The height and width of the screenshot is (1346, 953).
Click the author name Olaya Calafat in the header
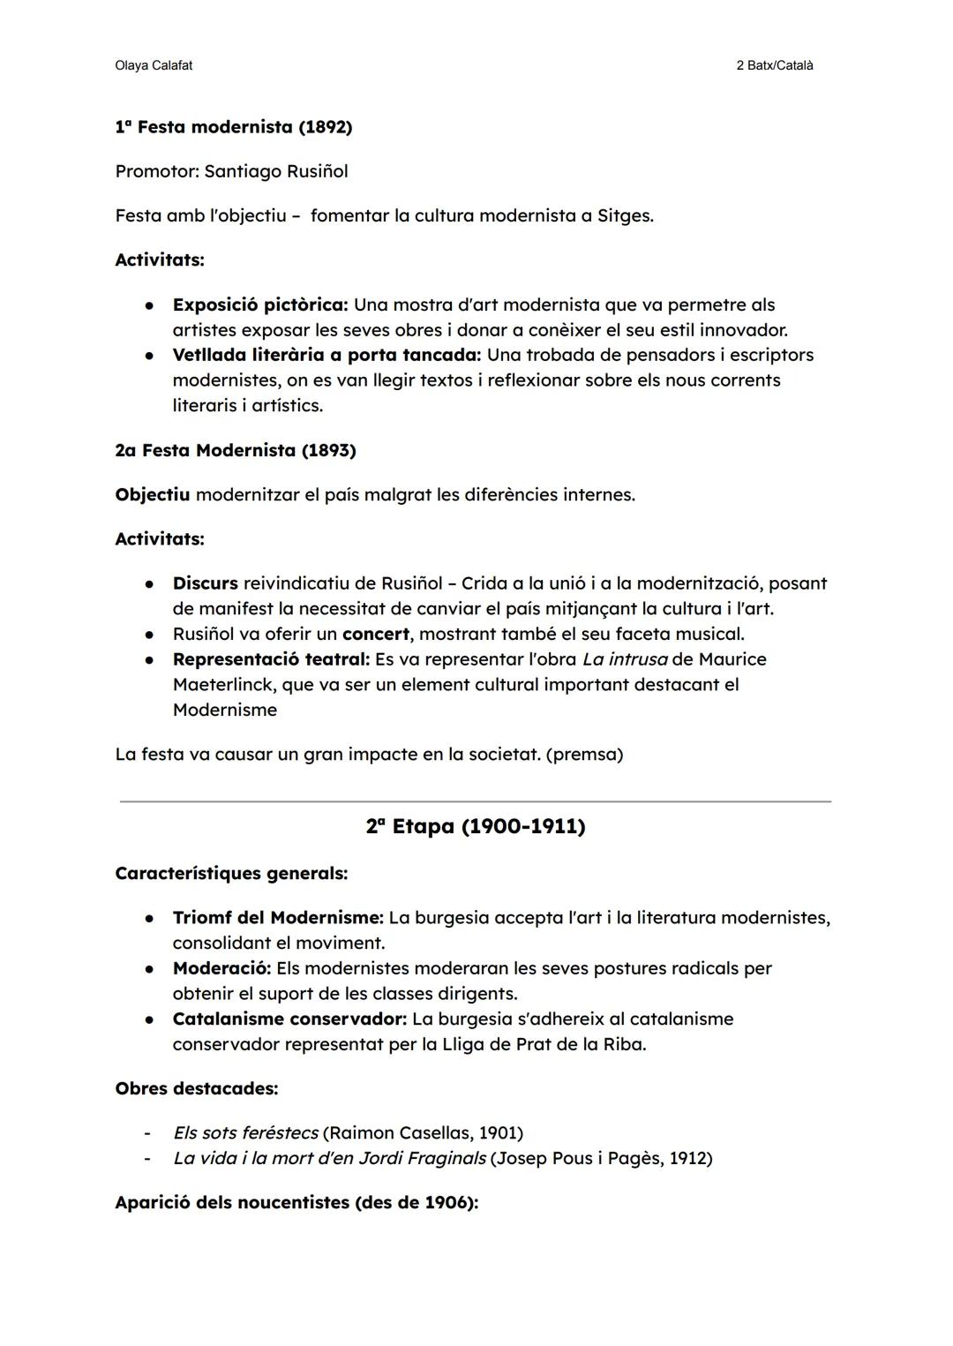pyautogui.click(x=154, y=65)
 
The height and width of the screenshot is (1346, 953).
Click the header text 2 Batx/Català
pyautogui.click(x=774, y=65)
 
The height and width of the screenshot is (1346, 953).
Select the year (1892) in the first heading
pyautogui.click(x=325, y=127)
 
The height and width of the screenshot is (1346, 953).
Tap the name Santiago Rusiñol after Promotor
pyautogui.click(x=275, y=171)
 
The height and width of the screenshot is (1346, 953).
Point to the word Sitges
pyautogui.click(x=624, y=216)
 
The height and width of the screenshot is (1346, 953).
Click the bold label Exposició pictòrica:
pyautogui.click(x=260, y=305)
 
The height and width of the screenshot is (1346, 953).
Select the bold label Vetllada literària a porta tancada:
pyautogui.click(x=326, y=355)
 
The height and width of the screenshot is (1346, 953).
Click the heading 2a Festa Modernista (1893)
pyautogui.click(x=236, y=450)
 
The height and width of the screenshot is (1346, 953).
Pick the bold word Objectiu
pyautogui.click(x=152, y=494)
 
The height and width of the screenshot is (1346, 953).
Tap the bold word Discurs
pyautogui.click(x=205, y=583)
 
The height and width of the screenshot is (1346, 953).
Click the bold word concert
pyautogui.click(x=375, y=635)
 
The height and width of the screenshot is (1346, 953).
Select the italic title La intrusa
pyautogui.click(x=624, y=659)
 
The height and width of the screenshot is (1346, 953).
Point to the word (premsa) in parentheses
pyautogui.click(x=584, y=755)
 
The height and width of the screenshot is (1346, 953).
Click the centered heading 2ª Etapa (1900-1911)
pyautogui.click(x=476, y=826)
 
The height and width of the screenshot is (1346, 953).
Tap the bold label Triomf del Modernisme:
pyautogui.click(x=278, y=918)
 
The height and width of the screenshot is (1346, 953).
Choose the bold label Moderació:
pyautogui.click(x=221, y=968)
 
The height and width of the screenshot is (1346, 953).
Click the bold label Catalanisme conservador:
pyautogui.click(x=289, y=1019)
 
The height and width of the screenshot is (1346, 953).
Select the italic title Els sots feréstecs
pyautogui.click(x=245, y=1132)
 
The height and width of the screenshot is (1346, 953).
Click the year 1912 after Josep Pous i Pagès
pyautogui.click(x=687, y=1158)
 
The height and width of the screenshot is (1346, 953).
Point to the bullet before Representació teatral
pyautogui.click(x=151, y=660)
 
